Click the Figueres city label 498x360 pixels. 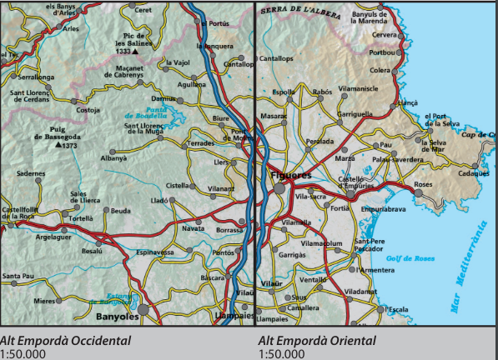291,176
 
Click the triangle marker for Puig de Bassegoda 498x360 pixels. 58,145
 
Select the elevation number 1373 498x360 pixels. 70,146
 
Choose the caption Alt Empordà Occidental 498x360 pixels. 66,340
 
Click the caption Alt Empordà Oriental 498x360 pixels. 317,340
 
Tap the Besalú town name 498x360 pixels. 92,250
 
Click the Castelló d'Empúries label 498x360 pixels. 362,182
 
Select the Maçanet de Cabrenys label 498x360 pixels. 123,71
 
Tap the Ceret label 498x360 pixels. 143,10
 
